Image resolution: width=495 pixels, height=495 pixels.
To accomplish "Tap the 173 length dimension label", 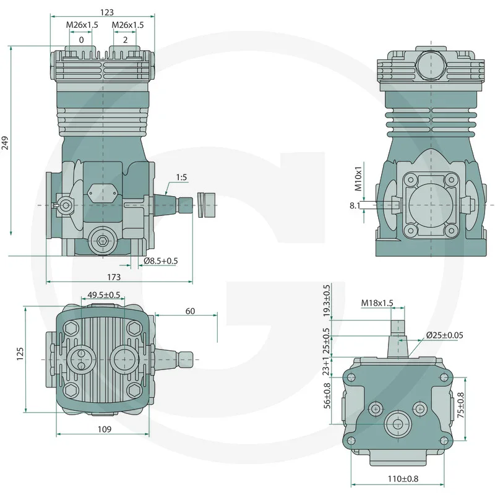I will (x=114, y=277).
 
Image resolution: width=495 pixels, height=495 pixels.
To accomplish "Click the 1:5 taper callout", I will (x=182, y=178).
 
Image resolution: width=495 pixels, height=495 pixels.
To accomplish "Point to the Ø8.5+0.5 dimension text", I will (x=160, y=260).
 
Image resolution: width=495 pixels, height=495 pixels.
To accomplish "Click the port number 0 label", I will (x=81, y=40).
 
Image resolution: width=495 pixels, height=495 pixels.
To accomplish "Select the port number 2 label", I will (x=126, y=40).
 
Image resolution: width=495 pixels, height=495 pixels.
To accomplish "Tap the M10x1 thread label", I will (x=358, y=176).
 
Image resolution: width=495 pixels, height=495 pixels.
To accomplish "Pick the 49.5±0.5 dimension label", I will (x=104, y=295).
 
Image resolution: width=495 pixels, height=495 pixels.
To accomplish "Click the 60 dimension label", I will (x=190, y=311).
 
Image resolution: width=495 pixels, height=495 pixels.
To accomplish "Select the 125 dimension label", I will (x=20, y=353).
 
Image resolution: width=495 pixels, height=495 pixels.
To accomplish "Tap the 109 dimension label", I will (x=104, y=429).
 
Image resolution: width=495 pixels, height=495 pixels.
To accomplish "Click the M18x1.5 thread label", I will (x=377, y=303).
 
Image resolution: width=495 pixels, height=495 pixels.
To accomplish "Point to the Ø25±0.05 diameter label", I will (x=444, y=335).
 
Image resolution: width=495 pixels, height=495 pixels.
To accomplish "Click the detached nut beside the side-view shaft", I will (x=206, y=204).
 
